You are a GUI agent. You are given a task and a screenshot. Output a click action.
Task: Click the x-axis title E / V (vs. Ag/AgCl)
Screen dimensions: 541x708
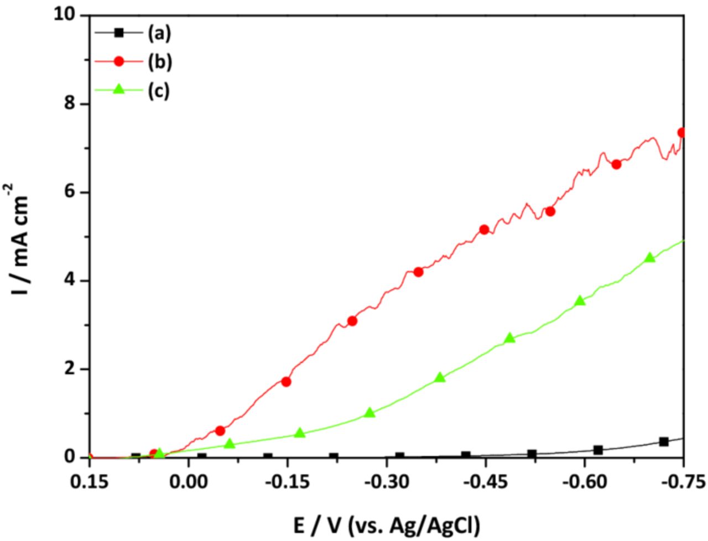(387, 523)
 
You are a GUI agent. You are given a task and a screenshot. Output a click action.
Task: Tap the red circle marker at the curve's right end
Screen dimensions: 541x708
(681, 133)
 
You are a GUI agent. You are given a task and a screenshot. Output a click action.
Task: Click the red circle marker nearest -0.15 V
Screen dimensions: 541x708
(286, 382)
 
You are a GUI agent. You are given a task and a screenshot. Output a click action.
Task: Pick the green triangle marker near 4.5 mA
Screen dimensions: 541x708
(650, 257)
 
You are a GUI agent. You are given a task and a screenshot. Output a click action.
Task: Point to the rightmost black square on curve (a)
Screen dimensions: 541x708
(664, 441)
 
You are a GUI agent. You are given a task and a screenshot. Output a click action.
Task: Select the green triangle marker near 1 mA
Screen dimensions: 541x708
(370, 413)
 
